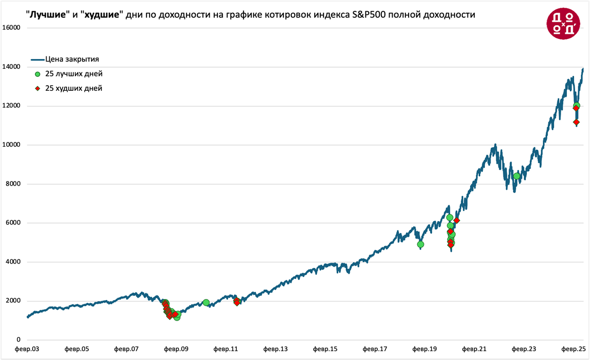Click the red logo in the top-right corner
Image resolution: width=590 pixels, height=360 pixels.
[x=563, y=23]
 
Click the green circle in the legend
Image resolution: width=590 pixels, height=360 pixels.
[x=37, y=74]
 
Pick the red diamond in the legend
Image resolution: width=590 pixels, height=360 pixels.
[x=37, y=89]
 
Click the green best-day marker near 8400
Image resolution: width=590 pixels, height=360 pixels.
[x=517, y=176]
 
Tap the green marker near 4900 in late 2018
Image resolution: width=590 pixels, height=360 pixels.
[x=420, y=245]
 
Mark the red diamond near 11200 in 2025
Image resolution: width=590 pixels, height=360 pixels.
[x=576, y=122]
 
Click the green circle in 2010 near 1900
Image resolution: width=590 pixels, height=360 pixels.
[x=206, y=303]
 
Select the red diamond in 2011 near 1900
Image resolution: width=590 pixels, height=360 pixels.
[x=237, y=303]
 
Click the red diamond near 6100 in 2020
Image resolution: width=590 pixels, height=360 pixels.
[x=457, y=221]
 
